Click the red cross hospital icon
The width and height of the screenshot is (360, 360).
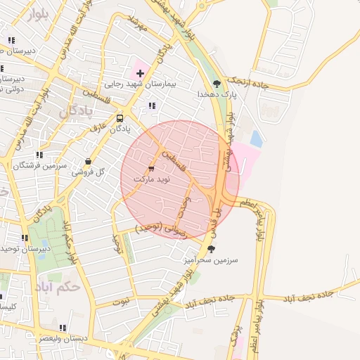[140, 73]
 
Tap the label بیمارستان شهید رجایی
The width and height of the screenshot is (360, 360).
[134, 84]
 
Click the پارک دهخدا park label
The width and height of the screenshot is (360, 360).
[215, 94]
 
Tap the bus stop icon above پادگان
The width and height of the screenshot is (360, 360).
[120, 118]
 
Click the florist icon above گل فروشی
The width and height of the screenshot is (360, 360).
[88, 161]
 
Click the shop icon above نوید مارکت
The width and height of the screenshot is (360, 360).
[151, 169]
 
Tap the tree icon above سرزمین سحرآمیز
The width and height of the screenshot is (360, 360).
[212, 249]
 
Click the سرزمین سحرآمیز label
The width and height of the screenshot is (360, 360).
[211, 259]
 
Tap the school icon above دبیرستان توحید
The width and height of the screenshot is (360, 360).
[25, 238]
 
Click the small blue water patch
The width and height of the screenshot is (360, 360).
[256, 139]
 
